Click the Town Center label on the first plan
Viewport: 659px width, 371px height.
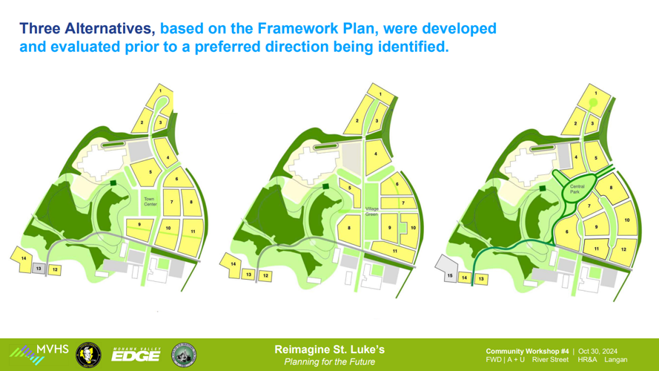pos(150,201)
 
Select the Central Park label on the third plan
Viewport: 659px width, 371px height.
pos(577,189)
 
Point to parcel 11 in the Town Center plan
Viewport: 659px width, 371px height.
pos(193,232)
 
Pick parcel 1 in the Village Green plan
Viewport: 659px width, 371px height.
pos(380,94)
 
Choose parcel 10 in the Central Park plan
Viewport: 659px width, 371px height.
pos(626,220)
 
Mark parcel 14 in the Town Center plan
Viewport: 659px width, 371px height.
pos(24,258)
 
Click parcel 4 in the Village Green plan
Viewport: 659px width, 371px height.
pos(376,154)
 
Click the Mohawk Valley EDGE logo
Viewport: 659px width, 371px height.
pos(135,355)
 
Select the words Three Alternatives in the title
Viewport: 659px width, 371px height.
pos(87,29)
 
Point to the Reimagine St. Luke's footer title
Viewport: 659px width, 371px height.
pos(329,349)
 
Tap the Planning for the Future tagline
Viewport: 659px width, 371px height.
pos(329,362)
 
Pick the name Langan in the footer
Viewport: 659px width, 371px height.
pos(615,360)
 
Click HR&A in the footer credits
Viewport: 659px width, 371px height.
pos(587,360)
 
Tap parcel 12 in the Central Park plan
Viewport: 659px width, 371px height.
pos(623,250)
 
